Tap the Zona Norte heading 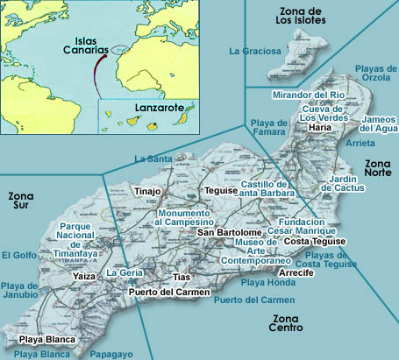[x=380, y=170]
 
